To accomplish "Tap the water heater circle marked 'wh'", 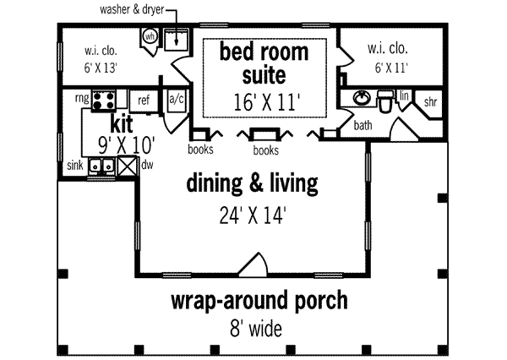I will point(150,37).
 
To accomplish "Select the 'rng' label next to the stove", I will point(82,99).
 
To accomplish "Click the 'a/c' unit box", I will point(177,99).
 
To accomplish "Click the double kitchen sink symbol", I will point(102,166).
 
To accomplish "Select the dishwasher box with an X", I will point(128,166).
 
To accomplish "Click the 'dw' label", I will point(147,166).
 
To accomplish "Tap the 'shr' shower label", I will point(431,101).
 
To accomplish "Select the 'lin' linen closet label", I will point(405,95).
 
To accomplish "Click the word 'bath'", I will point(363,125).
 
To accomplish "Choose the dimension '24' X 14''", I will point(251,215).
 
